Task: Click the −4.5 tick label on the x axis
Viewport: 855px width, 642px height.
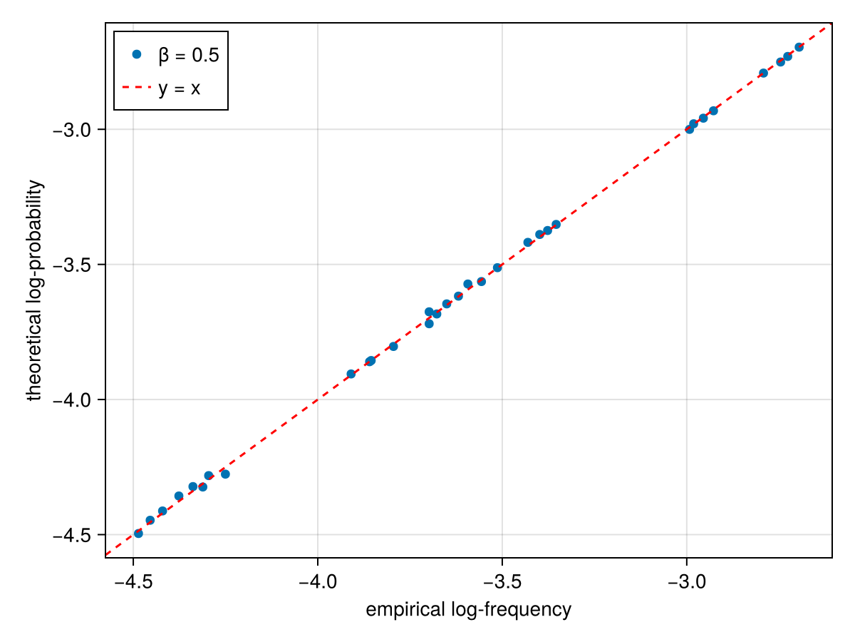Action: point(132,577)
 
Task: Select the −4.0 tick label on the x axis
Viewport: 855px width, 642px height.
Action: point(317,577)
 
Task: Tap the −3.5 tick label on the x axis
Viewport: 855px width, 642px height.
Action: point(502,577)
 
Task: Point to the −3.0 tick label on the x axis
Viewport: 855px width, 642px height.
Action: point(686,577)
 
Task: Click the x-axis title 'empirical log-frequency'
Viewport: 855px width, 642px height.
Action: point(468,610)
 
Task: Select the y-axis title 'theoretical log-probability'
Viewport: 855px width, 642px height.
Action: point(35,290)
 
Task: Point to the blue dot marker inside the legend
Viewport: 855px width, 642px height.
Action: point(137,54)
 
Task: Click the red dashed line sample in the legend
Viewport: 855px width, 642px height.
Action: point(137,88)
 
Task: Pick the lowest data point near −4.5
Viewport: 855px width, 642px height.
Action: point(138,534)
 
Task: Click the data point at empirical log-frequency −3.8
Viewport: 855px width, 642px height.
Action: point(393,346)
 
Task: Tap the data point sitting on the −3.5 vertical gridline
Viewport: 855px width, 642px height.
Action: point(497,267)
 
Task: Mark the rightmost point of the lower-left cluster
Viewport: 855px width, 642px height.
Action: point(225,474)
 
